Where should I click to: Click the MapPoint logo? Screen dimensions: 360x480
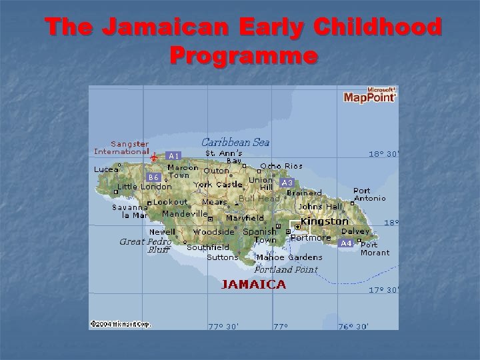(370, 95)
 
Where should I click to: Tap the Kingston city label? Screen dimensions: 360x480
(325, 221)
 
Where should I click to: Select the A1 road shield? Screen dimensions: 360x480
(172, 155)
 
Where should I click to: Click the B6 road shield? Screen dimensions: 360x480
(154, 177)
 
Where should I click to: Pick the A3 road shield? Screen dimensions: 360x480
(287, 183)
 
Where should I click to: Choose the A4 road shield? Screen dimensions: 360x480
(346, 243)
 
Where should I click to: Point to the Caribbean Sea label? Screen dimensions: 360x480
(235, 142)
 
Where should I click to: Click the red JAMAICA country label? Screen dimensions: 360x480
(253, 285)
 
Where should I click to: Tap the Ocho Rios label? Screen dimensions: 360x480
(281, 166)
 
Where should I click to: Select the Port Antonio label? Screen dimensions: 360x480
(369, 194)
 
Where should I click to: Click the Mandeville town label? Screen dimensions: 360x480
(185, 214)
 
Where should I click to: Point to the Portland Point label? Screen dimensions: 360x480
(286, 269)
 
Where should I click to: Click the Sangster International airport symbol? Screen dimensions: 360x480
(154, 157)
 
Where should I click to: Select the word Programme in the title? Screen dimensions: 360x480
(243, 55)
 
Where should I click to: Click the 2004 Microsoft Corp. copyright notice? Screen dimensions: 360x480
(121, 324)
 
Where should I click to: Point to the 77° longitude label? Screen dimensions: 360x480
(281, 327)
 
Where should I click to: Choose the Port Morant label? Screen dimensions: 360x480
(375, 249)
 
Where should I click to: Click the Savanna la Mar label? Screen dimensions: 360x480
(129, 211)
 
